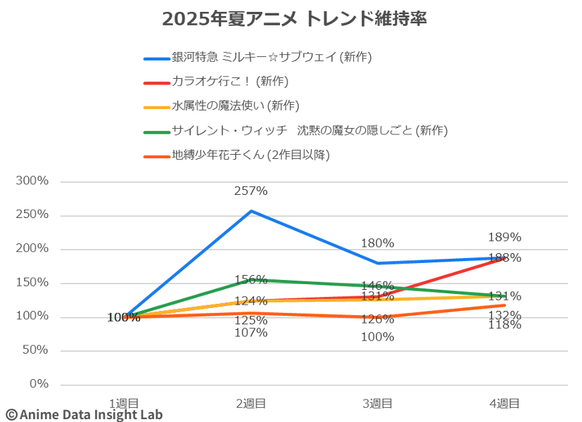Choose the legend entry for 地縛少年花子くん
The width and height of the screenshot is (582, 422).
pos(251,154)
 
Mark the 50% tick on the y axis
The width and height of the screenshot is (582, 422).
pos(36,350)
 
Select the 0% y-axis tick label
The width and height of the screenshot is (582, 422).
pos(39,384)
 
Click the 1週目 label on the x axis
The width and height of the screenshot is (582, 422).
pos(124,403)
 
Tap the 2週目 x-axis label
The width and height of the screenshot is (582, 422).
pos(251,403)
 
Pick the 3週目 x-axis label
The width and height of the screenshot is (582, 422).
pos(377,403)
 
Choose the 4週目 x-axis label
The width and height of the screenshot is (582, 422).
pos(505,403)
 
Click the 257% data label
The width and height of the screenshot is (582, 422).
pos(251,191)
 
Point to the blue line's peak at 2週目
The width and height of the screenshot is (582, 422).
pos(251,210)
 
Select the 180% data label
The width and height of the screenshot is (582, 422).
pos(377,243)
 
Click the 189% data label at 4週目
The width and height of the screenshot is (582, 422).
pos(505,237)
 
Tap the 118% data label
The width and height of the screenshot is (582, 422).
pos(505,325)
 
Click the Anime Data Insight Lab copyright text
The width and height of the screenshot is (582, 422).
pos(84,414)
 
